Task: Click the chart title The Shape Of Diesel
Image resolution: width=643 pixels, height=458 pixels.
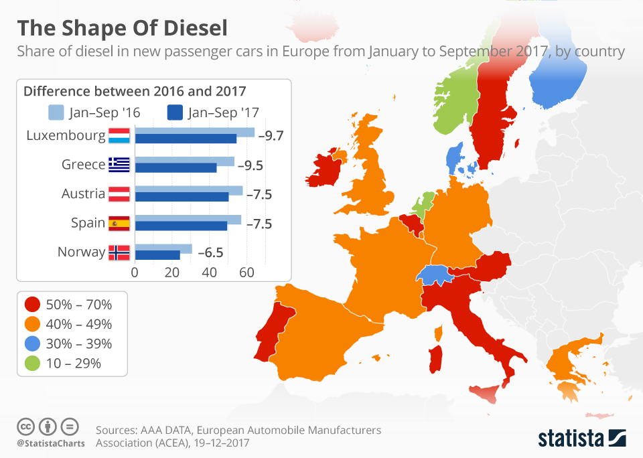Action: [122, 29]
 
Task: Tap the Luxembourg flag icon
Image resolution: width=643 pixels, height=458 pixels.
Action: [119, 135]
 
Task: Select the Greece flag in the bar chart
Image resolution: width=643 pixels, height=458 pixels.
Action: [119, 165]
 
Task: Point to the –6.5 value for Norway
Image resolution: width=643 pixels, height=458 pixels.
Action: [210, 252]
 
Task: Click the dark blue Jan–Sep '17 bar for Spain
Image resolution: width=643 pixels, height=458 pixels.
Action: [182, 226]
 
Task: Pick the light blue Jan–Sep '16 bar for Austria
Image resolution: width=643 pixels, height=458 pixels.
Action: [189, 190]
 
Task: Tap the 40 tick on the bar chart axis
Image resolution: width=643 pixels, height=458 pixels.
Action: [210, 273]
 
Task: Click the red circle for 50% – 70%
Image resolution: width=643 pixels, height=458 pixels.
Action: [31, 305]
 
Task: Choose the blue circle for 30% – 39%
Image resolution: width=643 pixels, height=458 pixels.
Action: [31, 343]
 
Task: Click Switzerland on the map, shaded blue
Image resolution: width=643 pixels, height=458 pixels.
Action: [433, 273]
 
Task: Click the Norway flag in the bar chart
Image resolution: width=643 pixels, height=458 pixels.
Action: [119, 252]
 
